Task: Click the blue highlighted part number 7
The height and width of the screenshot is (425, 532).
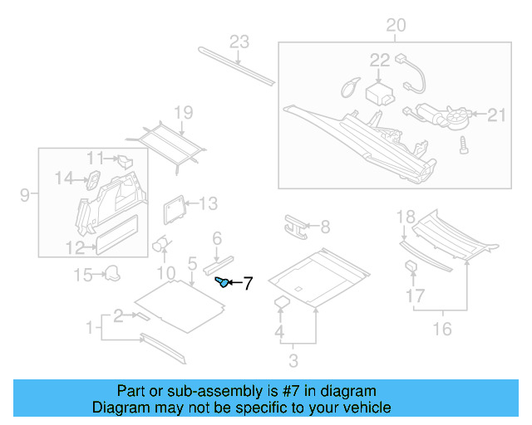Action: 222,282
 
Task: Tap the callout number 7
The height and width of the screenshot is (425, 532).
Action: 247,284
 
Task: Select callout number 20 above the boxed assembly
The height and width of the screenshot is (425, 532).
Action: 396,26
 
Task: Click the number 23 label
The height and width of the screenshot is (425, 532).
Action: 239,42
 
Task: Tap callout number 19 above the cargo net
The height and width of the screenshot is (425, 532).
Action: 183,113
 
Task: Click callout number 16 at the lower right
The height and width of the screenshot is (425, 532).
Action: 442,329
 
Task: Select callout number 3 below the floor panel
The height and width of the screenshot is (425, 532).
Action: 293,360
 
